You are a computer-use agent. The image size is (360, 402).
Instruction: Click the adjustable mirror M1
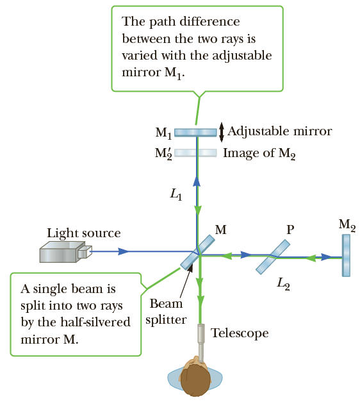[x=195, y=132]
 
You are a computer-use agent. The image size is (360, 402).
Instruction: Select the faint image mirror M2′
[x=195, y=153]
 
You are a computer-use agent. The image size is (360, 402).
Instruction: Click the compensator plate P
[x=273, y=257]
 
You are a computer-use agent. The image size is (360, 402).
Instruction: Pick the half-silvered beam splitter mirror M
[x=197, y=253]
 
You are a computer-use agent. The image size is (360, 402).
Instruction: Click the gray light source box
[x=65, y=251]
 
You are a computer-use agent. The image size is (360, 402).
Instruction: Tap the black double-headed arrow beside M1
[x=222, y=132]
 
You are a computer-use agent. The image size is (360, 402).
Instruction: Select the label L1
[x=176, y=194]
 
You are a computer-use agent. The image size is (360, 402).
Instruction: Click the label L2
[x=283, y=284]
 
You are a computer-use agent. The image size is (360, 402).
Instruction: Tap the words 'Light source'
[x=83, y=233]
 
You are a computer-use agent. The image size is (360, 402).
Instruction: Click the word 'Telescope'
[x=240, y=333]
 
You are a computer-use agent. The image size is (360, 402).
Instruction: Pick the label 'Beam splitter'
[x=166, y=312]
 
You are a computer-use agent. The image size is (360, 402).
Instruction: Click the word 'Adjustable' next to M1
[x=259, y=131]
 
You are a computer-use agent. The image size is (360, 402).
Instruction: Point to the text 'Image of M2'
[x=259, y=153]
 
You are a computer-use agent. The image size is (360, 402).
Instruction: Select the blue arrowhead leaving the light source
[x=123, y=251]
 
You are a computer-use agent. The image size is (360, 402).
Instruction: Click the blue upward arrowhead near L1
[x=197, y=181]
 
